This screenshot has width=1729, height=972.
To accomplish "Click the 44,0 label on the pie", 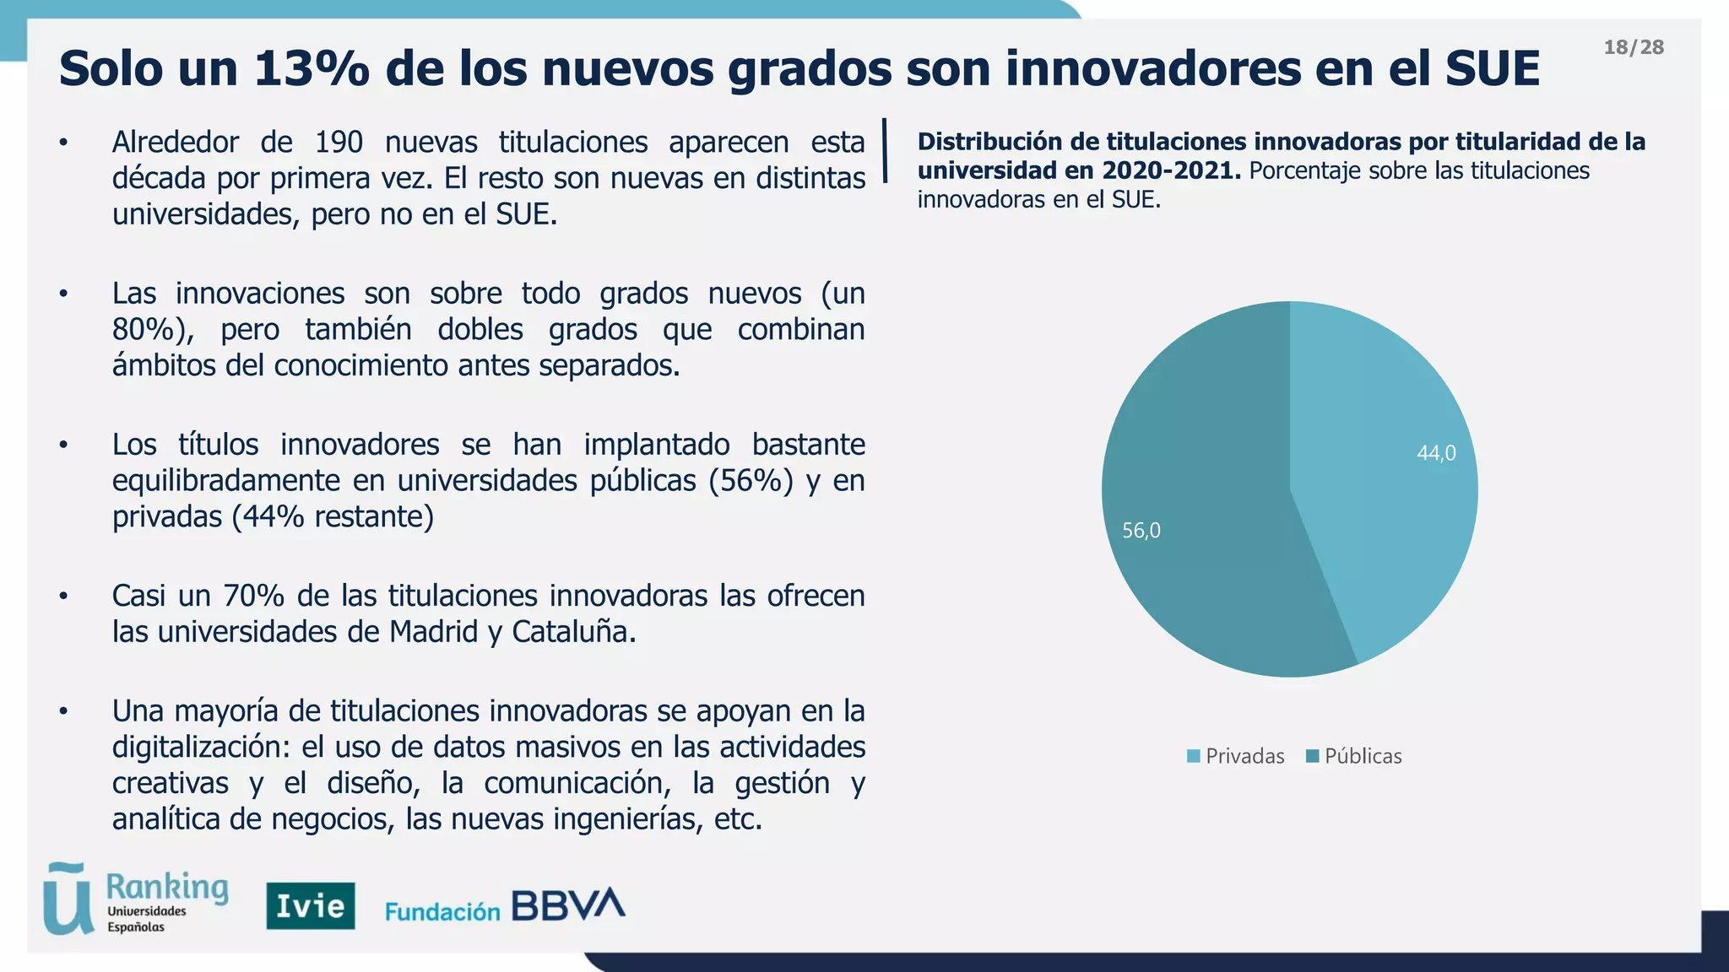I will [1435, 454].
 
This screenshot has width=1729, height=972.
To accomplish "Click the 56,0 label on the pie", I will [1141, 531].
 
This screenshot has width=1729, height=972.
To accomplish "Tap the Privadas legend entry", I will [1236, 756].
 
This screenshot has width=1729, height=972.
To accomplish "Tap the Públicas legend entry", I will [1354, 756].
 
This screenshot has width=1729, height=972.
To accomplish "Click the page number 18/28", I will [1634, 47].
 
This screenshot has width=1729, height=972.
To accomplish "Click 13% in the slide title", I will [311, 69].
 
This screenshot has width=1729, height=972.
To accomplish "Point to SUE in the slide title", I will [1492, 69].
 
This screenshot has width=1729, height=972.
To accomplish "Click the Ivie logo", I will [311, 906].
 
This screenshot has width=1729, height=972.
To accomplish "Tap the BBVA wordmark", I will [568, 905].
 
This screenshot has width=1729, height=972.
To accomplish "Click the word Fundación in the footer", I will [442, 911].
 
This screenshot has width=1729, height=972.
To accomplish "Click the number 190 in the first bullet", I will [339, 143].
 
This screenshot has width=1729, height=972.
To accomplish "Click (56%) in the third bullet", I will [751, 481].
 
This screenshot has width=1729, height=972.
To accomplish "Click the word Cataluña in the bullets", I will [573, 632].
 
